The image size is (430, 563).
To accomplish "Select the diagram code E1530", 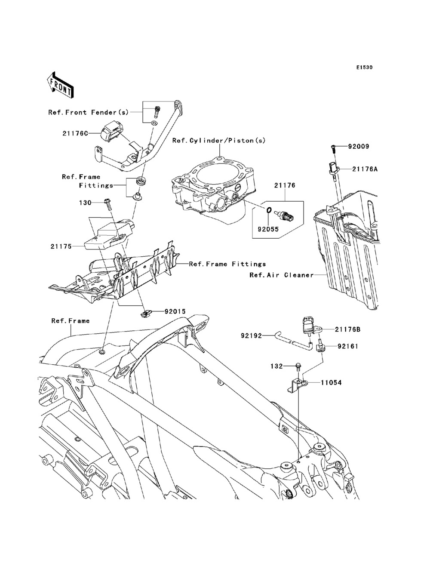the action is [364, 68].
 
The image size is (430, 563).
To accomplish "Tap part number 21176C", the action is [75, 133].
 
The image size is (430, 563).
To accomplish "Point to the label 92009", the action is [359, 147].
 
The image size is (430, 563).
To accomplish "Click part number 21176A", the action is [365, 169].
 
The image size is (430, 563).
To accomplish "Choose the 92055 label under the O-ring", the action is [268, 229].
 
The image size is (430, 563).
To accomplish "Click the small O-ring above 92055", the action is [268, 210].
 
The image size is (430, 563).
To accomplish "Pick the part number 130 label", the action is [85, 203].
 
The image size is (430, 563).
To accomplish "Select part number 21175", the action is [61, 246].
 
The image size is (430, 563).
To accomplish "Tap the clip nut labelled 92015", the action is [146, 313].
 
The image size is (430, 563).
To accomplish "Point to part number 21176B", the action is [348, 329].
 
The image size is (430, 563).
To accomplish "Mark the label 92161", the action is [348, 346].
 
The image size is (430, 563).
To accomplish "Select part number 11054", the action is [331, 383].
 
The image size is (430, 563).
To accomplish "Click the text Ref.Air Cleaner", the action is [282, 275].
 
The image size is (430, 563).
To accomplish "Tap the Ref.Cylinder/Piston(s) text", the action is [219, 140].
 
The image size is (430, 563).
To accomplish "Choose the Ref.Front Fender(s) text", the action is [89, 112].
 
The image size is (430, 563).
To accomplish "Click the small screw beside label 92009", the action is [332, 148].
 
